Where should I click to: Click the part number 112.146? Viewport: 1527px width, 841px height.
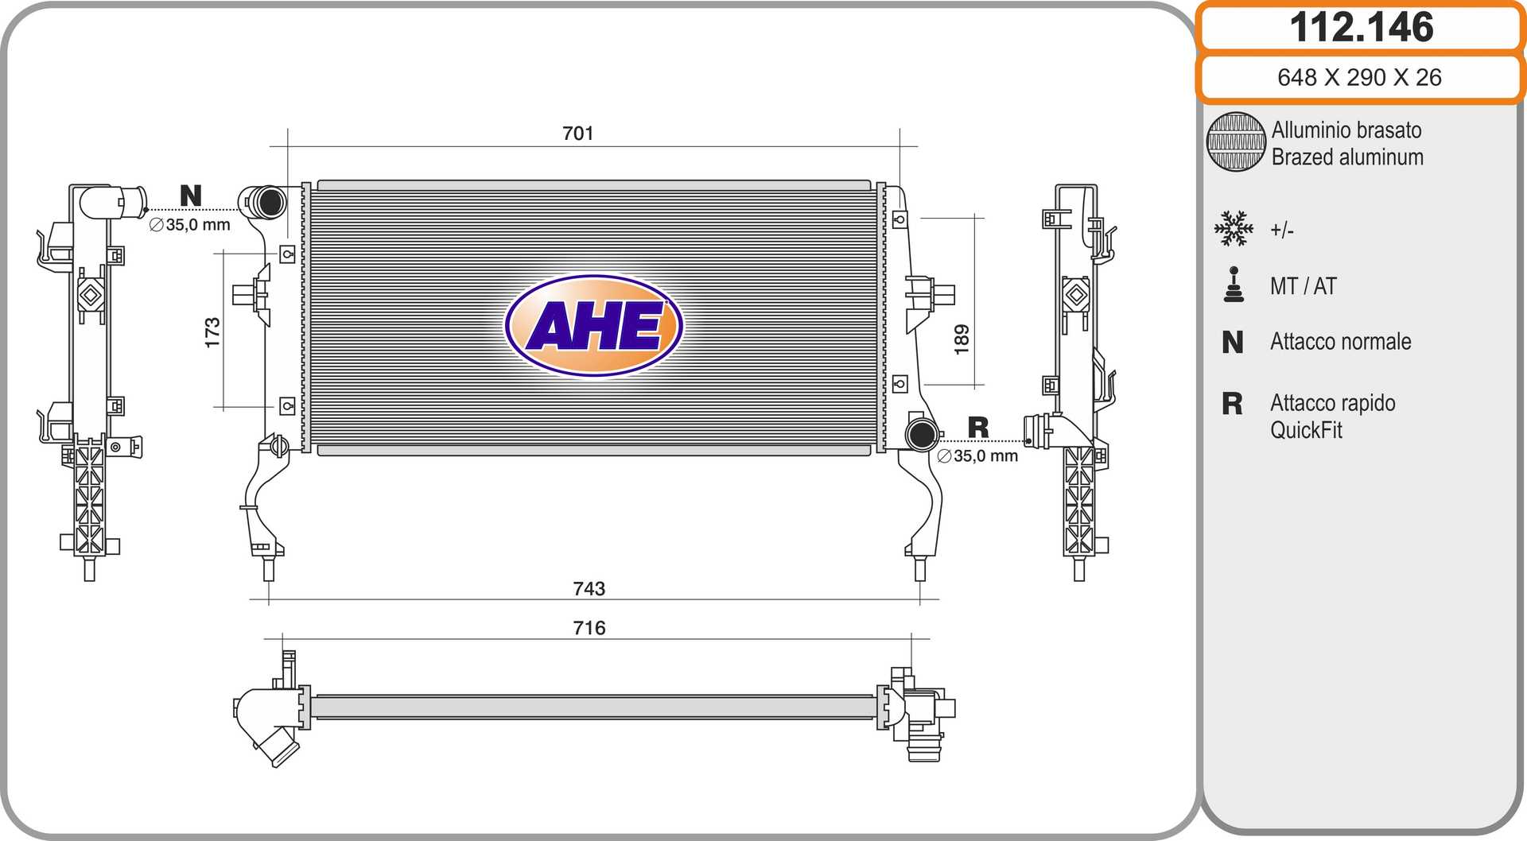click(1361, 27)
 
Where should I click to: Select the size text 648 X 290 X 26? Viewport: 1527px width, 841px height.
click(1359, 77)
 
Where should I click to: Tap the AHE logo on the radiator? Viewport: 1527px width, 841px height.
click(594, 325)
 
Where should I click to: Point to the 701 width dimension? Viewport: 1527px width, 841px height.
click(578, 134)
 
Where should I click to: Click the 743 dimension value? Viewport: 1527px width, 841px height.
click(589, 588)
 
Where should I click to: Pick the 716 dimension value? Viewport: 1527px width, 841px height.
click(589, 628)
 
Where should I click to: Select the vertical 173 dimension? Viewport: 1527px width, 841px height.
click(212, 333)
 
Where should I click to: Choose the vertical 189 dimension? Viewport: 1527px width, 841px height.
click(962, 339)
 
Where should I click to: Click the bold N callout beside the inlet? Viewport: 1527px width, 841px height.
click(191, 196)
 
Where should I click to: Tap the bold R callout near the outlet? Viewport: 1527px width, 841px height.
click(978, 428)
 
